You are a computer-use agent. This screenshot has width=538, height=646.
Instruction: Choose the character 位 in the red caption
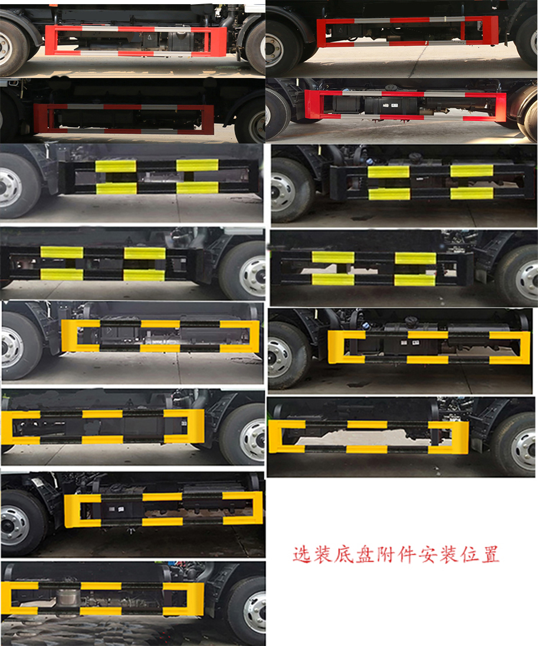469,555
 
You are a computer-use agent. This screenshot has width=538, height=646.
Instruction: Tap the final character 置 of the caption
490,555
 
